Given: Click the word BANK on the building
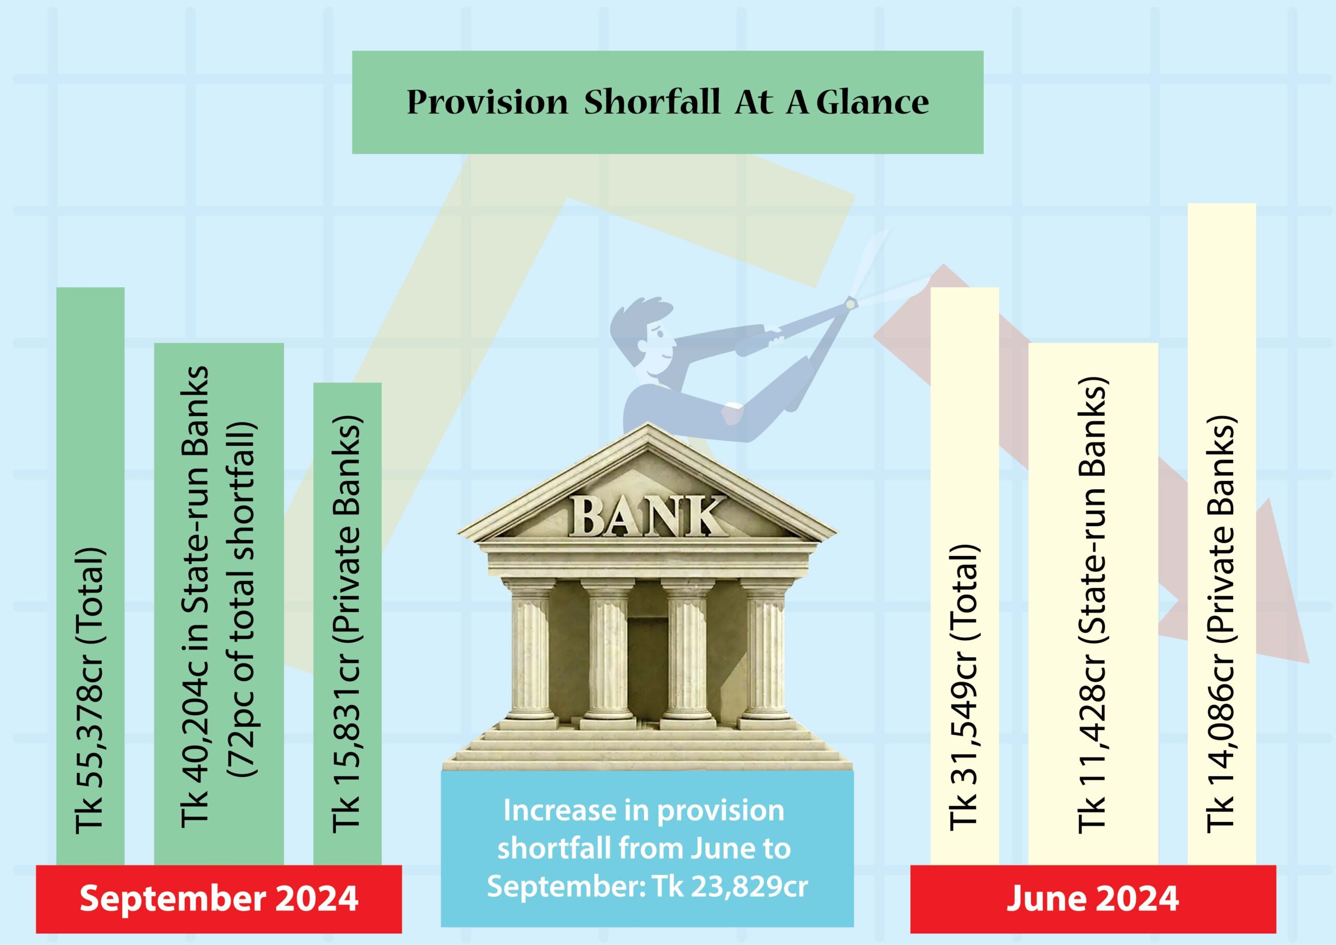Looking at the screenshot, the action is coord(647,516).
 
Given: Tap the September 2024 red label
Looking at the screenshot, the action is coord(219,899).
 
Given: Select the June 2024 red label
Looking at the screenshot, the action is coord(1093,899).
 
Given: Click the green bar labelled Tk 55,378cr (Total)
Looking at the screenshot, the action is coord(90,576).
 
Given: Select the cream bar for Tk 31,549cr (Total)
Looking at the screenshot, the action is coord(965,576).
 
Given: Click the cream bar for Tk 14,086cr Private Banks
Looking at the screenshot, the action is coord(1222,534).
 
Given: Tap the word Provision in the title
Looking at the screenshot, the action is coord(487,102).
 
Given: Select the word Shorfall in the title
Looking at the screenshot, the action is coord(652,102).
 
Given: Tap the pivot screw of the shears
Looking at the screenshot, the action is coord(851,303).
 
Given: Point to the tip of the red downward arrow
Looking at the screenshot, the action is coord(1309,663).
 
